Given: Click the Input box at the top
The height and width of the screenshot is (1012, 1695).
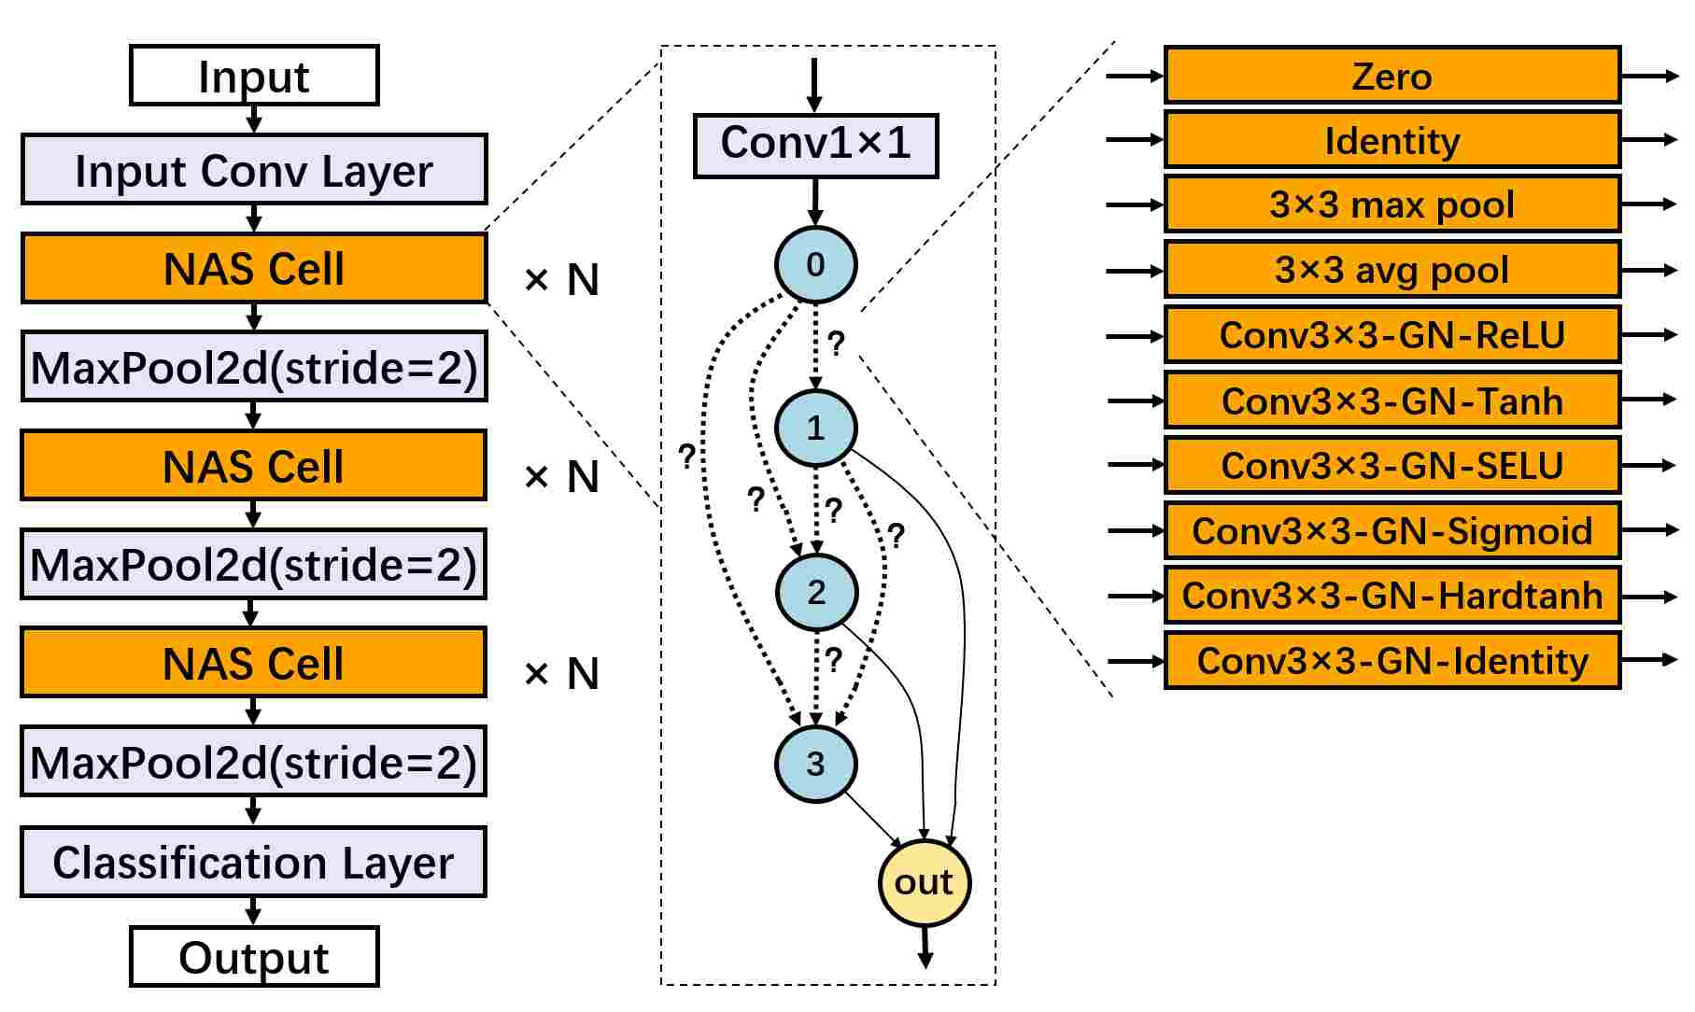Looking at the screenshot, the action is point(254,75).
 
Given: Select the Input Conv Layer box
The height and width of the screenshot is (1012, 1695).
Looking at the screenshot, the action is point(254,169).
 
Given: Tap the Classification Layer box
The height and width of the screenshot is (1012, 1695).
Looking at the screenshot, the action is point(253,862).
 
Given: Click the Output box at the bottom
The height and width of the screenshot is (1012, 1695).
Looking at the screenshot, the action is point(254,957).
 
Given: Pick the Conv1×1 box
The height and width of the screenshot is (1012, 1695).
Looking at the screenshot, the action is point(815,146).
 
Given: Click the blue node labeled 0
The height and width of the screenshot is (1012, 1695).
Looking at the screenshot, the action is point(815,264).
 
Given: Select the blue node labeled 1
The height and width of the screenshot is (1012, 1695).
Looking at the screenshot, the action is point(816,428).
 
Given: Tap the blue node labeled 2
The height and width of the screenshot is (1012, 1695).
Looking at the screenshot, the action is point(816,592).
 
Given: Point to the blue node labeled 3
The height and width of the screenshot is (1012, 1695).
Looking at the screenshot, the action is point(815,764).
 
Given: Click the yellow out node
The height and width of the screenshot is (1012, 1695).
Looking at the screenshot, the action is point(925,882).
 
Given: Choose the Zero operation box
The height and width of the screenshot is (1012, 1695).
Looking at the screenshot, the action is point(1392,75).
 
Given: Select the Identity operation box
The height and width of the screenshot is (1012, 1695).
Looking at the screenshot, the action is point(1392,140).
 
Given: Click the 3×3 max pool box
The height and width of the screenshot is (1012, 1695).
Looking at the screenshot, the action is point(1392,204).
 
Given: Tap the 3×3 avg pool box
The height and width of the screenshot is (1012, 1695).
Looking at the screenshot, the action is point(1392,270).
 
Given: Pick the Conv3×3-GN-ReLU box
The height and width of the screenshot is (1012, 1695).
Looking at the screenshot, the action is point(1392,334).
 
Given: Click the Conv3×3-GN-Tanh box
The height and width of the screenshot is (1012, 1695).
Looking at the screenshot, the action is point(1392,400).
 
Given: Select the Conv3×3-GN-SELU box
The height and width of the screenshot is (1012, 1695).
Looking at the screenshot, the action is point(1392,465).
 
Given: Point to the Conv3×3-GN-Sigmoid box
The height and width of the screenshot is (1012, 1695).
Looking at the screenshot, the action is point(1392,529).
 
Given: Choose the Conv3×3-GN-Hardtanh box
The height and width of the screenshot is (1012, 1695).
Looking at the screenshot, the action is point(1392,595).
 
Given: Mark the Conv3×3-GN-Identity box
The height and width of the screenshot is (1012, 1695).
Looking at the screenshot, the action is point(1392,660).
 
